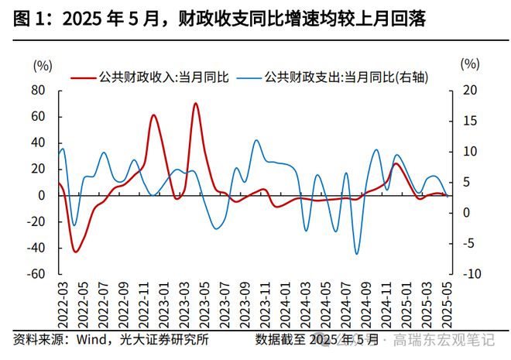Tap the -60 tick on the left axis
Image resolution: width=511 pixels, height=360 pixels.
tap(36, 274)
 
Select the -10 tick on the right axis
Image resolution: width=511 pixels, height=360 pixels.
tap(469, 274)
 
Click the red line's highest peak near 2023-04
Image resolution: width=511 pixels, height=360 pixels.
tap(196, 103)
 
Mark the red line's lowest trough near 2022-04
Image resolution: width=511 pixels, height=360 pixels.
tap(75, 252)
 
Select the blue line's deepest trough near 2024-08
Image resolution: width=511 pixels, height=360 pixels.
tap(357, 253)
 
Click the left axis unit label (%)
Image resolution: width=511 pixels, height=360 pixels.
tap(43, 64)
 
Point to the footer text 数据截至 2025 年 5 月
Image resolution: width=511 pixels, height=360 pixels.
tap(317, 340)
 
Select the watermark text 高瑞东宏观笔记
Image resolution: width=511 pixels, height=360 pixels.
tap(449, 340)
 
